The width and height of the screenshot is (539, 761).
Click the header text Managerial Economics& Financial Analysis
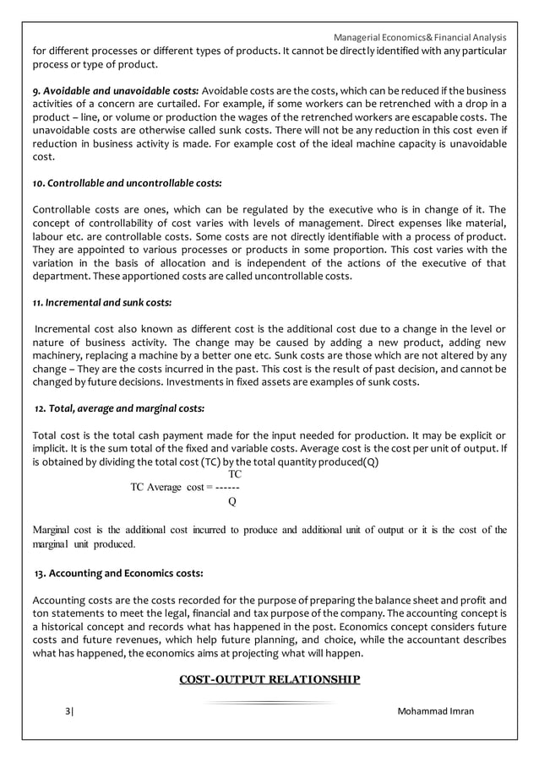(x=419, y=37)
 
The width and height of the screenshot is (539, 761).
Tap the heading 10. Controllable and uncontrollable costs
(x=128, y=182)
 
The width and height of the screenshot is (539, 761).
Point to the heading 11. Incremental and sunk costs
(x=102, y=301)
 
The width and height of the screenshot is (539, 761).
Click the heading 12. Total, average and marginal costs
(x=119, y=408)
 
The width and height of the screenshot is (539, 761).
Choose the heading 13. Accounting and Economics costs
(x=118, y=574)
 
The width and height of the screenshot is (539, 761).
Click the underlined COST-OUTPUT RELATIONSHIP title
(x=269, y=679)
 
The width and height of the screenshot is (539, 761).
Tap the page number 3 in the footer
(x=68, y=711)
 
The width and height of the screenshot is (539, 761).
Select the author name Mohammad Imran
(x=435, y=711)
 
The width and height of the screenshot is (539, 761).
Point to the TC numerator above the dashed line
(x=236, y=475)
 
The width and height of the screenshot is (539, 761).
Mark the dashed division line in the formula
(x=227, y=488)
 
